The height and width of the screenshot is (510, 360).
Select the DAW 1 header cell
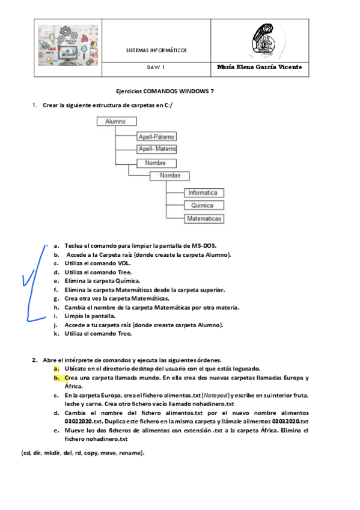click(156, 68)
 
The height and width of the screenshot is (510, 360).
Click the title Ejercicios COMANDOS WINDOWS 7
click(165, 91)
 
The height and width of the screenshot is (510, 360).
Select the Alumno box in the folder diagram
click(115, 121)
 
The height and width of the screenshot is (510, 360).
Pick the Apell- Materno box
click(157, 149)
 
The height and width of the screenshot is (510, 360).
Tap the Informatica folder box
click(204, 193)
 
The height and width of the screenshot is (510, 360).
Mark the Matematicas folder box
click(204, 219)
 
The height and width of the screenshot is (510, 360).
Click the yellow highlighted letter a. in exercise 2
click(56, 368)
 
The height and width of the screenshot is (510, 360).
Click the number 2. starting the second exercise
click(35, 360)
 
